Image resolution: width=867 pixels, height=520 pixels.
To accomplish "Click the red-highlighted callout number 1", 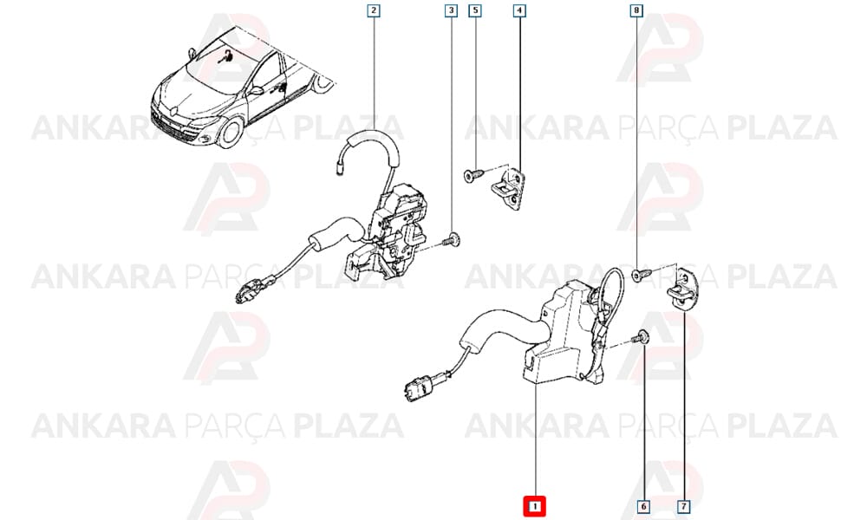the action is pyautogui.click(x=534, y=506).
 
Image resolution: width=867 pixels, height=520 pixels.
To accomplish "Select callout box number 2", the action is pyautogui.click(x=374, y=10).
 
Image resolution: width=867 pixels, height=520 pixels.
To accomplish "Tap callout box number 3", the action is pyautogui.click(x=451, y=10).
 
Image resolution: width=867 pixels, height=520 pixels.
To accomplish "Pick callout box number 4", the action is pyautogui.click(x=519, y=10).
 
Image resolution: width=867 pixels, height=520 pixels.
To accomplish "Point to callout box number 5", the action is pyautogui.click(x=475, y=10).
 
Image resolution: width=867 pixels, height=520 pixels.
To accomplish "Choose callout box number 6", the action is pyautogui.click(x=643, y=506).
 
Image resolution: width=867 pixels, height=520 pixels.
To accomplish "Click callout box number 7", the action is pyautogui.click(x=683, y=506).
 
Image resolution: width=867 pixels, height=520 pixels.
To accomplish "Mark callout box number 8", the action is pyautogui.click(x=636, y=10).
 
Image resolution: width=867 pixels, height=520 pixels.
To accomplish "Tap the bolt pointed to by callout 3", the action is pyautogui.click(x=452, y=240).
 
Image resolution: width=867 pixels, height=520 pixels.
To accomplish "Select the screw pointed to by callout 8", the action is pyautogui.click(x=642, y=272).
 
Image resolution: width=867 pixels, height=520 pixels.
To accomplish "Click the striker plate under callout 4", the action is pyautogui.click(x=509, y=187).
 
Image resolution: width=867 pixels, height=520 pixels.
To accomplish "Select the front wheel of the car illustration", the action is pyautogui.click(x=231, y=132).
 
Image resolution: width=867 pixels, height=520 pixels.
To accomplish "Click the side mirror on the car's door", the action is pyautogui.click(x=256, y=90).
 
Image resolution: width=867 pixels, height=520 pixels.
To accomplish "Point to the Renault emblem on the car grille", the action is pyautogui.click(x=173, y=110).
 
